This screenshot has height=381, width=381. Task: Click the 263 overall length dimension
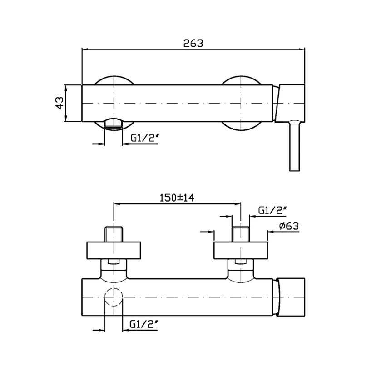click(x=193, y=43)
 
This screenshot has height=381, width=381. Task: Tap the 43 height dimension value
click(x=60, y=103)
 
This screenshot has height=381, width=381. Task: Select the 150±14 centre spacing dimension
click(x=177, y=198)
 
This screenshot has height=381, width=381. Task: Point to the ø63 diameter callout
click(x=289, y=226)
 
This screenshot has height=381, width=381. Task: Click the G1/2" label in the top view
click(x=145, y=138)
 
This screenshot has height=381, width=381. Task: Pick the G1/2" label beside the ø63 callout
click(x=272, y=210)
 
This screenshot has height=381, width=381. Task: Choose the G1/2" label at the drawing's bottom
click(x=144, y=324)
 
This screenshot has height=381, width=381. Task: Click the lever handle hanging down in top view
click(x=295, y=145)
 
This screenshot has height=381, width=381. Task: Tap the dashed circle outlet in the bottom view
click(x=114, y=289)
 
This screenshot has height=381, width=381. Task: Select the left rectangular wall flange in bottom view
click(x=114, y=251)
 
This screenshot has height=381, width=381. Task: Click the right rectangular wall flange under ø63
click(x=241, y=251)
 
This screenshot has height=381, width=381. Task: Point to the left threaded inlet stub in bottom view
click(x=114, y=234)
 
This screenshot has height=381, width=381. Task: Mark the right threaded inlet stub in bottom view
click(x=241, y=234)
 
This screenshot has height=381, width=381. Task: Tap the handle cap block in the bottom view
click(x=291, y=297)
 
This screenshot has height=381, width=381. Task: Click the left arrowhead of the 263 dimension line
click(x=85, y=49)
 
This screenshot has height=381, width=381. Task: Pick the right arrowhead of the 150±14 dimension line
click(x=238, y=204)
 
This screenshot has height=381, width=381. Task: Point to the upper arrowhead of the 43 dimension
click(x=65, y=88)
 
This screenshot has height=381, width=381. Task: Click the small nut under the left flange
click(x=114, y=262)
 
